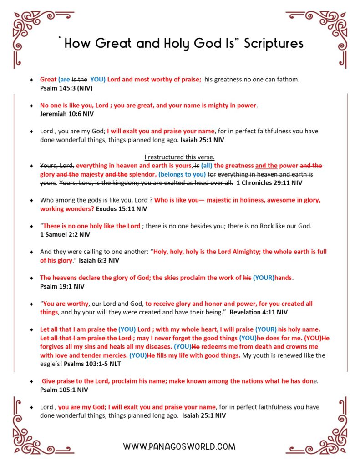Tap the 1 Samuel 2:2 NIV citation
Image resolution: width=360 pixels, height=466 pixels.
(65, 235)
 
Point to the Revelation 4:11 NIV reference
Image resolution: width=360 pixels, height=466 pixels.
(259, 313)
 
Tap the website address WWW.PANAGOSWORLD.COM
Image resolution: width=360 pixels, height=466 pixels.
(179, 446)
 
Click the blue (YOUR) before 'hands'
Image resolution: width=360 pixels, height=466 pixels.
(263, 278)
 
